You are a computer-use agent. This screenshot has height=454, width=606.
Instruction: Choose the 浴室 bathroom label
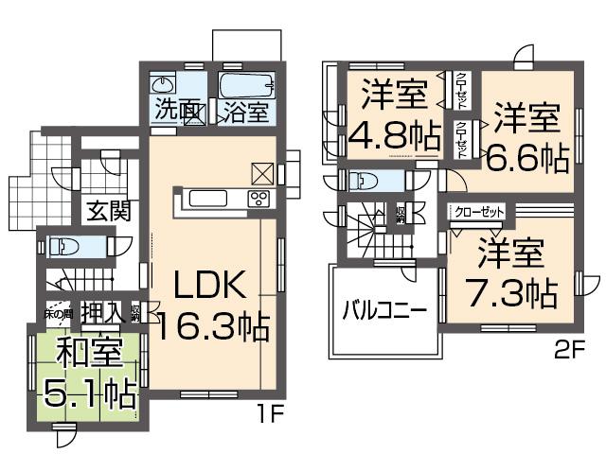[x=244, y=110]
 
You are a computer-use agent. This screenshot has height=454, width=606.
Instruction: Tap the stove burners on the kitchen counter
[x=258, y=198]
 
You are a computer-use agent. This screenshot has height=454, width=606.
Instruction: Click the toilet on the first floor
[x=68, y=247]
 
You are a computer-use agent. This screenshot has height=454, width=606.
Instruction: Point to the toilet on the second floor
[x=365, y=180]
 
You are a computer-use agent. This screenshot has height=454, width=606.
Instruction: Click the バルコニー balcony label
[x=383, y=310]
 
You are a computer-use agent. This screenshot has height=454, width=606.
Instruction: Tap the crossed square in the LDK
[x=262, y=172]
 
